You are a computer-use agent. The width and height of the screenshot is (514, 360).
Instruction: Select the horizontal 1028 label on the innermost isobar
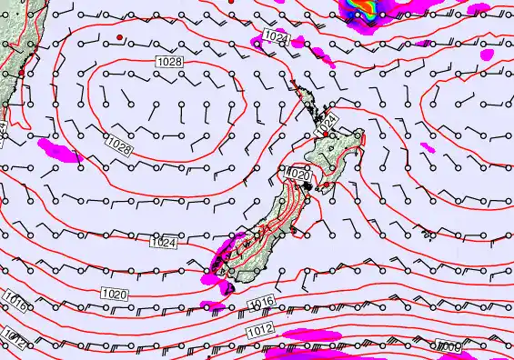[169, 61]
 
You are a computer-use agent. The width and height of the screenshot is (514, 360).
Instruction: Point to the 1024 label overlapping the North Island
[328, 120]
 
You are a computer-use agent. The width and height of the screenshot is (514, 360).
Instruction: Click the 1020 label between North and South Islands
[299, 173]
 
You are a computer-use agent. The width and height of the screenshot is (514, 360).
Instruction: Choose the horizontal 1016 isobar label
[262, 302]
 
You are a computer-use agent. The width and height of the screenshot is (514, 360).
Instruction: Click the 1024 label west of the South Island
[163, 243]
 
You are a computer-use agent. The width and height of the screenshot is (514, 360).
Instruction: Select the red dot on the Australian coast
[19, 71]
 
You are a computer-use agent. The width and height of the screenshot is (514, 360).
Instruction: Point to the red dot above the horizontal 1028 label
[119, 36]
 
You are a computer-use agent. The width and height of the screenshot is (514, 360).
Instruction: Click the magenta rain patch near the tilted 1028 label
[58, 150]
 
